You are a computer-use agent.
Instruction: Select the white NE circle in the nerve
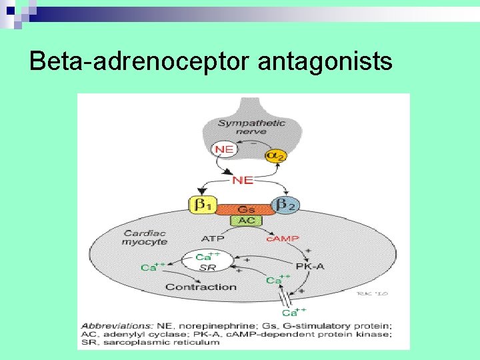coord(224,149)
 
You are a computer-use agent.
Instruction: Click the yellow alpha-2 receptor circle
coord(275,155)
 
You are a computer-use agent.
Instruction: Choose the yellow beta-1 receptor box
coord(203,205)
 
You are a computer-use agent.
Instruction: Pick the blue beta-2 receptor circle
coord(286,205)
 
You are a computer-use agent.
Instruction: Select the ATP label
coord(213,238)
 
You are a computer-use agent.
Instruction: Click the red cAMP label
coord(283,238)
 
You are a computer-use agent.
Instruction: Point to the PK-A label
coord(310,266)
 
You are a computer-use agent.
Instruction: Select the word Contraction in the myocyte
coord(201,287)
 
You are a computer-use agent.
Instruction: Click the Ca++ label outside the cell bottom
coord(294,312)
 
